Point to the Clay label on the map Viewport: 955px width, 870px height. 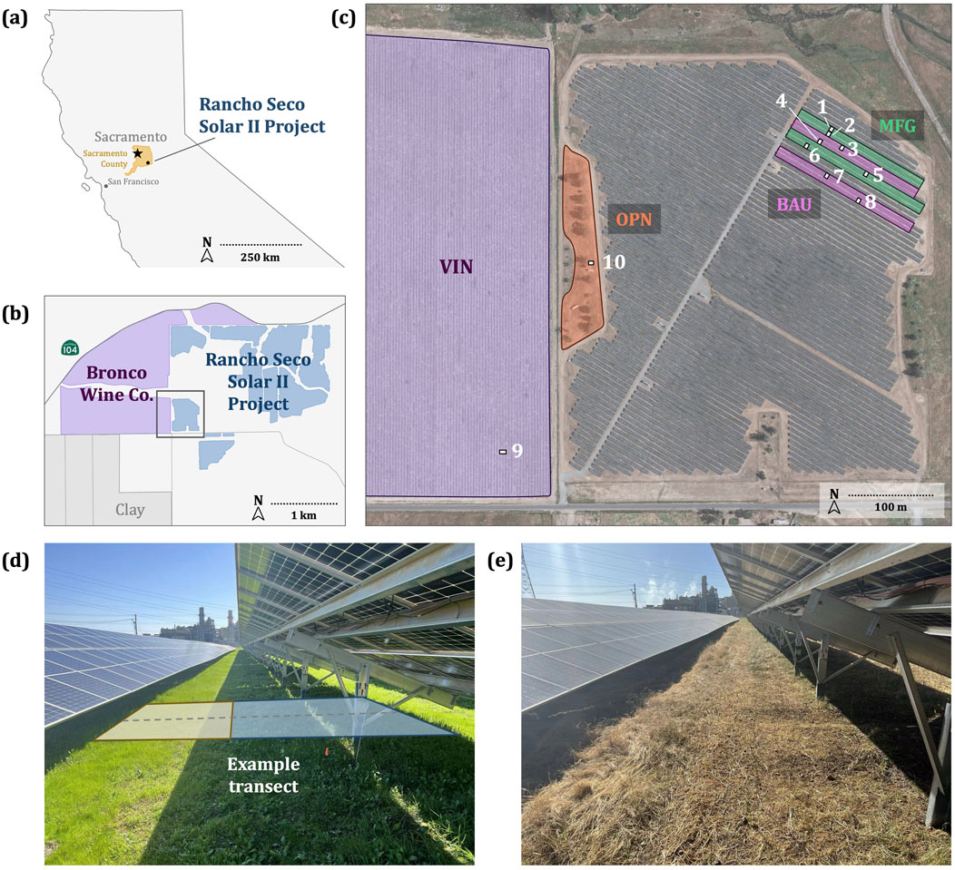pos(130,509)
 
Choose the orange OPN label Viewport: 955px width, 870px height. pos(635,219)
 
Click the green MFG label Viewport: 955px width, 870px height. pos(898,125)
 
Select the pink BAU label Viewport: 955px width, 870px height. pos(793,203)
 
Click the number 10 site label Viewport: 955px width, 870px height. pos(614,261)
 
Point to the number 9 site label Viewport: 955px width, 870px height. pos(517,450)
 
